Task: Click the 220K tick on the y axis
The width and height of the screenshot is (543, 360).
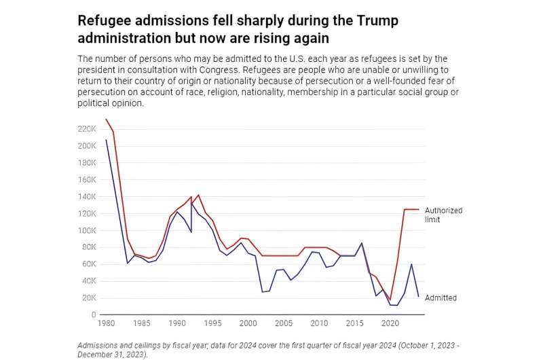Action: point(86,129)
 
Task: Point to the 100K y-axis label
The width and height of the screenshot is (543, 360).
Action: point(86,230)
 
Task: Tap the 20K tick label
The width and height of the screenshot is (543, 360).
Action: point(88,298)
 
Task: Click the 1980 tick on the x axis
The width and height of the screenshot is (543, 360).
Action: point(107,324)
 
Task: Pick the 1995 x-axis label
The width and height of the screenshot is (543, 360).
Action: point(212,324)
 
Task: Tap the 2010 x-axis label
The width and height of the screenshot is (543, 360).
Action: point(319,324)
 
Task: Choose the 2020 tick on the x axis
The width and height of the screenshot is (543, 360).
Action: point(390,324)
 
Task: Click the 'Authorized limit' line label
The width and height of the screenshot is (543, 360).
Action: point(443,215)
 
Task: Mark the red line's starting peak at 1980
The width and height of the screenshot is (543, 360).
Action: point(107,120)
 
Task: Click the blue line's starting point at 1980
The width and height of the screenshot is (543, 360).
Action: point(107,140)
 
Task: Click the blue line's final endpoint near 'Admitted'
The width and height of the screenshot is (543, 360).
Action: point(418,297)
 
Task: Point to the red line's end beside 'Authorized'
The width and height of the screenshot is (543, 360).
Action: point(418,209)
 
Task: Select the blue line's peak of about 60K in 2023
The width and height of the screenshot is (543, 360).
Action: point(411,264)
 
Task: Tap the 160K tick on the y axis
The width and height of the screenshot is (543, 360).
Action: point(86,179)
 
